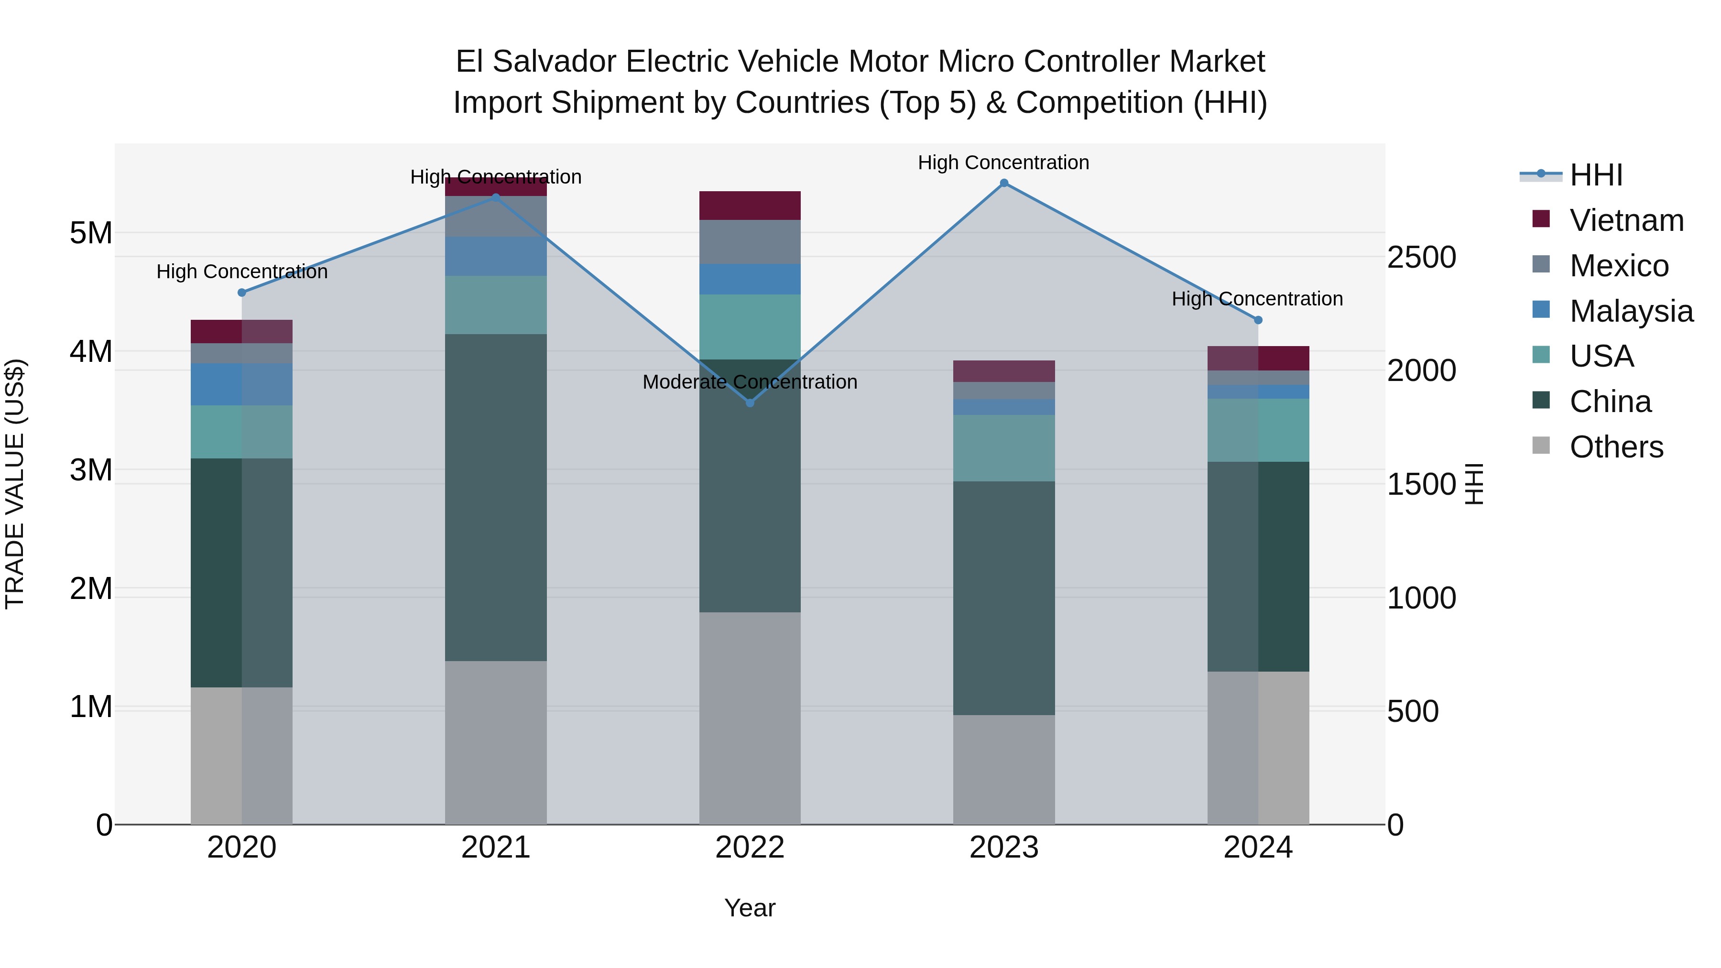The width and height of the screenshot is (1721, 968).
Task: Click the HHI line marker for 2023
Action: [x=1003, y=183]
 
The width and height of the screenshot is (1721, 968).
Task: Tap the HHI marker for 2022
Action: [x=750, y=403]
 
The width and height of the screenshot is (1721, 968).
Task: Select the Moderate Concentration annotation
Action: [x=750, y=382]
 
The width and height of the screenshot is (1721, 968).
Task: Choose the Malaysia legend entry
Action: [x=1630, y=311]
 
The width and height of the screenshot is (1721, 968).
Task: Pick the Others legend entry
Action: [x=1615, y=447]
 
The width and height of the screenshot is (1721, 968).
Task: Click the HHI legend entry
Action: [x=1595, y=175]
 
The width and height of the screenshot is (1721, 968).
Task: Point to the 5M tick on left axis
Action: [x=91, y=233]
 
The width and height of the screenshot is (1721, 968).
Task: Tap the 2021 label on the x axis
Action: [x=496, y=848]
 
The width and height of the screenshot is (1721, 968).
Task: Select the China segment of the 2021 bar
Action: [x=496, y=498]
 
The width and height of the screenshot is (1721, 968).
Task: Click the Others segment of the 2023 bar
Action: [x=1003, y=770]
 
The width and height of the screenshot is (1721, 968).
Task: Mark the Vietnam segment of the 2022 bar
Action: [x=750, y=206]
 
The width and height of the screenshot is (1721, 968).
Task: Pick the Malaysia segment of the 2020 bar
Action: [x=241, y=384]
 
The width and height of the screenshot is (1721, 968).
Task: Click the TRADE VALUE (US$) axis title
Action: [x=15, y=484]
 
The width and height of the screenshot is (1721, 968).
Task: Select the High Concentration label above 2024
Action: [x=1257, y=299]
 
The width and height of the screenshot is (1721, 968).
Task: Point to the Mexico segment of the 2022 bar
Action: [x=750, y=242]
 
